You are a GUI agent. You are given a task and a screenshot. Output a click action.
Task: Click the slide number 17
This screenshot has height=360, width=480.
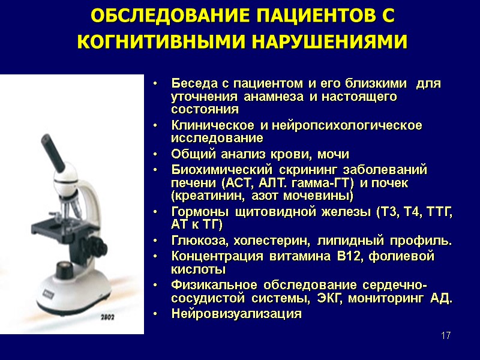445,335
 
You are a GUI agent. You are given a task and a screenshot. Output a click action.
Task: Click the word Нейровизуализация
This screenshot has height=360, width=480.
236,313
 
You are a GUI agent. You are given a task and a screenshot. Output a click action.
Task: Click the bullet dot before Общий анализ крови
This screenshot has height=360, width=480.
155,154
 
